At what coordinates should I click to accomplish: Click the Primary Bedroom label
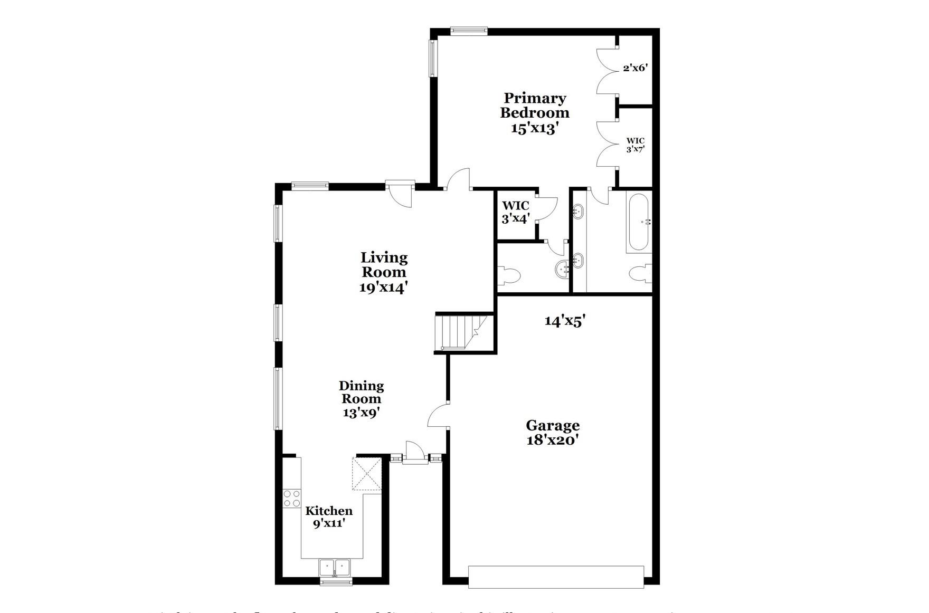534,113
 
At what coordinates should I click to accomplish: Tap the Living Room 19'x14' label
384,272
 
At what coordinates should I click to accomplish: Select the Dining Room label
361,399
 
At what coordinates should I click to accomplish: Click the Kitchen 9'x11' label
329,517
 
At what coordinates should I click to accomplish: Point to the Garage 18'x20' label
552,433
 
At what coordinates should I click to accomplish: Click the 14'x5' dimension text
565,321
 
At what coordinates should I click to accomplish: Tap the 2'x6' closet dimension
635,68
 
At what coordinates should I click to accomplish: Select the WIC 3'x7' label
635,145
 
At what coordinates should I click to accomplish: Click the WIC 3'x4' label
515,212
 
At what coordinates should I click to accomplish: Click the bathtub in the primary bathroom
639,222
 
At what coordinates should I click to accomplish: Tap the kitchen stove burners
292,499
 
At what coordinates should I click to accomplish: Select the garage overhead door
556,577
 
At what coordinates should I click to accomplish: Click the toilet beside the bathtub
640,274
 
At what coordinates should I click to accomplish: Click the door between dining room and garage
438,415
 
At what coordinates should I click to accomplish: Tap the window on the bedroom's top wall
469,31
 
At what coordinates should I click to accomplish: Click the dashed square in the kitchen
367,474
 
